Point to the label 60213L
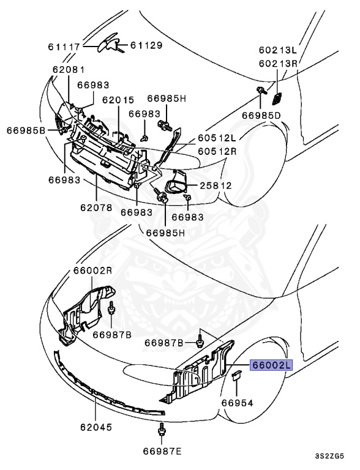click(277, 50)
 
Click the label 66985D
click(261, 114)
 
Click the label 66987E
click(163, 452)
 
